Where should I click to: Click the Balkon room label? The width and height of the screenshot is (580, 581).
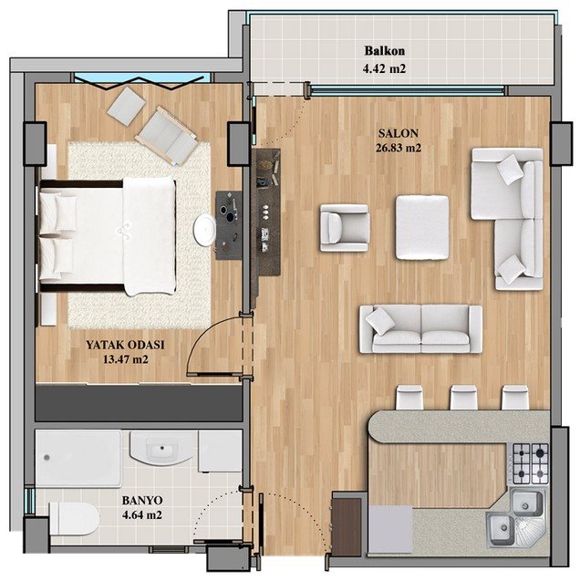click(385, 51)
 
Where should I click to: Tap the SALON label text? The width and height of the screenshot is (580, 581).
click(399, 133)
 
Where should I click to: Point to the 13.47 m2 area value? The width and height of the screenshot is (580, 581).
click(126, 359)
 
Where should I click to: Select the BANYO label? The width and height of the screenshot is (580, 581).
click(142, 501)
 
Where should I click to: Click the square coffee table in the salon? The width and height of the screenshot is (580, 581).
click(422, 227)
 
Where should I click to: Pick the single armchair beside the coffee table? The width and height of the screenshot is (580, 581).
click(345, 228)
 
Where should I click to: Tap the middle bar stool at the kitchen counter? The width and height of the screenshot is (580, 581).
click(463, 398)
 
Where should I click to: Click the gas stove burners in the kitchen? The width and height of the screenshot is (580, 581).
click(531, 463)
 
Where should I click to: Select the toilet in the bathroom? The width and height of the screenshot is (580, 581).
click(74, 518)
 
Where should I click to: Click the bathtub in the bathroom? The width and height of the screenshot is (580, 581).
click(78, 458)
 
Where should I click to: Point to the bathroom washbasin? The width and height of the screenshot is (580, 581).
click(161, 448)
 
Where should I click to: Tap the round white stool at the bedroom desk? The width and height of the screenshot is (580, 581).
click(204, 229)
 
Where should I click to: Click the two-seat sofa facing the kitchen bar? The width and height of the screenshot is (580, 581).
click(420, 328)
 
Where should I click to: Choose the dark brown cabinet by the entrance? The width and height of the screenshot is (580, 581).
click(347, 527)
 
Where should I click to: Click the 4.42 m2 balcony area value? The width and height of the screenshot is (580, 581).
click(385, 68)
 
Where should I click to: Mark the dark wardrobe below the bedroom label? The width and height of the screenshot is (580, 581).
click(139, 403)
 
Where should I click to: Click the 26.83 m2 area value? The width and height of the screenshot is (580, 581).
click(399, 148)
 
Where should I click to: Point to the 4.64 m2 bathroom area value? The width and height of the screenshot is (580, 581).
click(142, 515)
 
